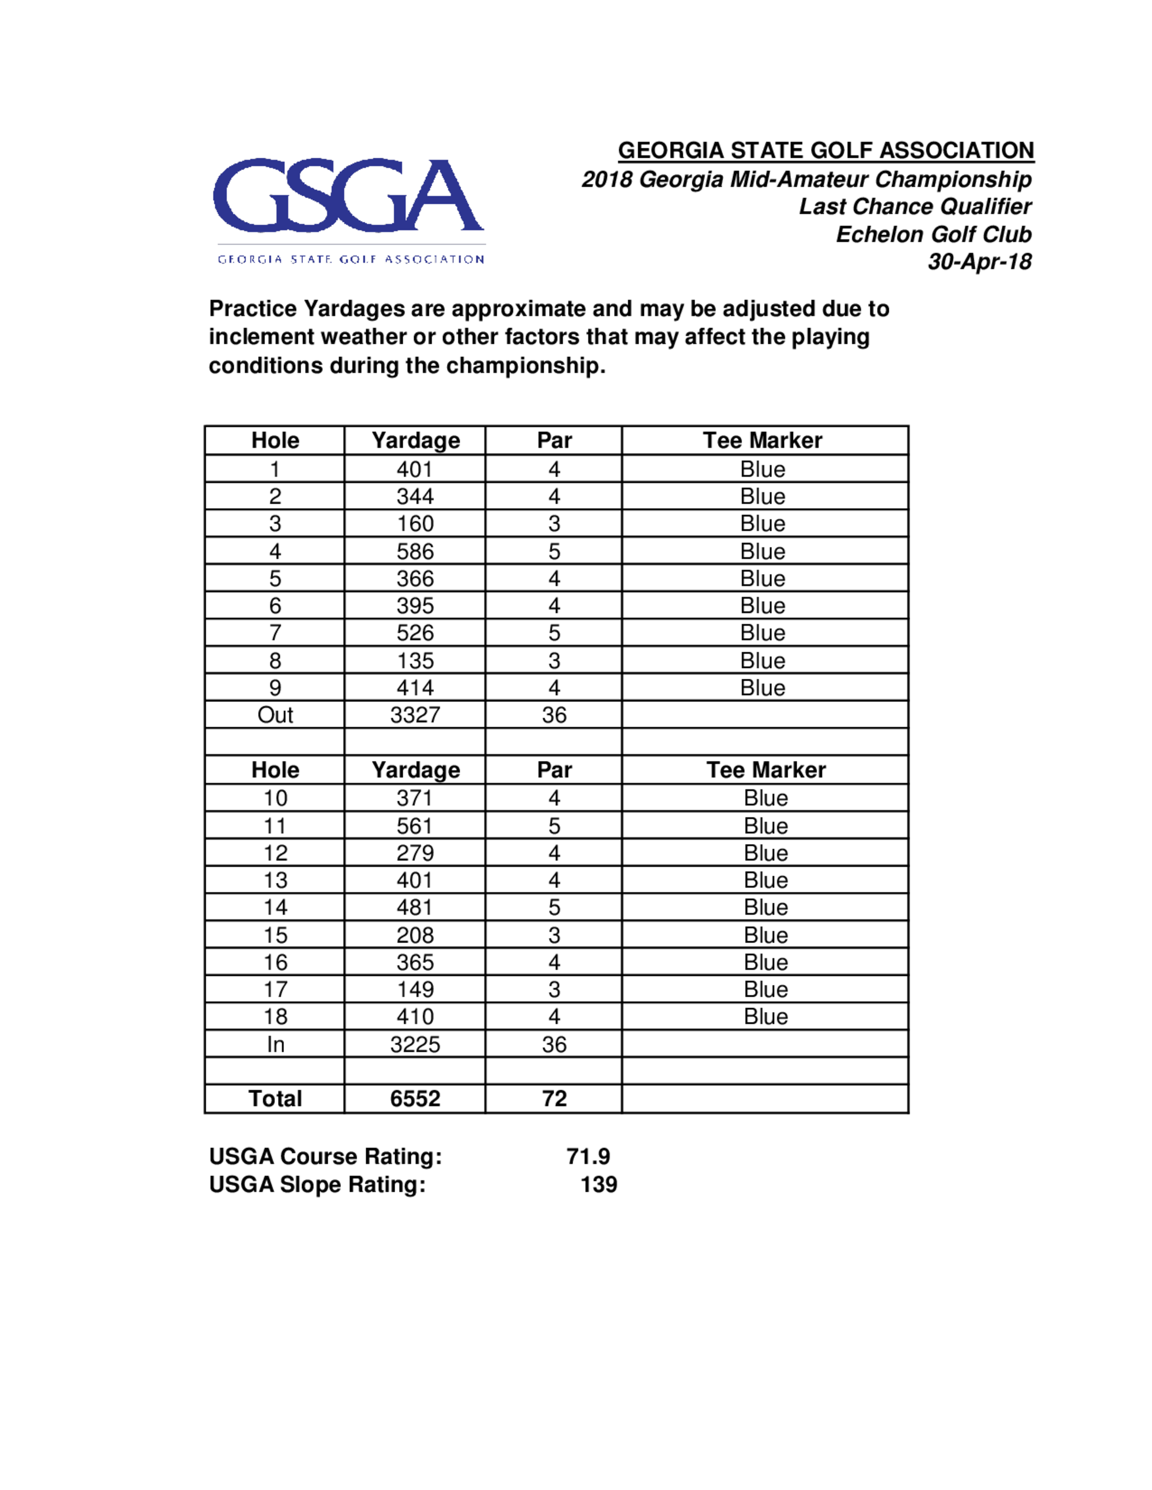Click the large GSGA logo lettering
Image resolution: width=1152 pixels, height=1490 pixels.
[x=348, y=196]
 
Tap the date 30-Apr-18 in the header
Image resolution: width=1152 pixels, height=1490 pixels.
[x=979, y=261]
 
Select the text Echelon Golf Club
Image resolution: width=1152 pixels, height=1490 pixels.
[x=933, y=234]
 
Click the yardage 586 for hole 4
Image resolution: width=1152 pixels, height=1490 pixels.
[x=415, y=551]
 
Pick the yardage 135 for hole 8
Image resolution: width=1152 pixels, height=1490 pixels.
[x=415, y=660]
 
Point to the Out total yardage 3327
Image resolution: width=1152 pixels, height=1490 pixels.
[x=415, y=715]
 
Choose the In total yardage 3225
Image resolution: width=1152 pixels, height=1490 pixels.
[x=415, y=1044]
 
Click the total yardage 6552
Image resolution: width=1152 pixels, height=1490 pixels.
[x=415, y=1099]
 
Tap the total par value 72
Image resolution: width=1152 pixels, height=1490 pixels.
[x=554, y=1099]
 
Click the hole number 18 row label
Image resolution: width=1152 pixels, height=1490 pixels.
[x=275, y=1017]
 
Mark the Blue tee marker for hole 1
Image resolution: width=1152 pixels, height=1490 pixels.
[x=762, y=469]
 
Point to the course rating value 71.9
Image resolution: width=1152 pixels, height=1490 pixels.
[x=588, y=1157]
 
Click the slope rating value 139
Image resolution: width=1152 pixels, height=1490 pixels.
[x=598, y=1184]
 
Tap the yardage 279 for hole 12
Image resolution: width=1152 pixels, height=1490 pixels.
[x=415, y=853]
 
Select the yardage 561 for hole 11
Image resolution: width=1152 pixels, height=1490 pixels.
[x=415, y=826]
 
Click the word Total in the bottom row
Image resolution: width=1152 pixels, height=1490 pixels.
[x=275, y=1099]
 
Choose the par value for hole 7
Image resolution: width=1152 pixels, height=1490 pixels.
[x=554, y=633]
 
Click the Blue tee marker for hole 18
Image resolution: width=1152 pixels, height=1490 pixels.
[x=766, y=1017]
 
